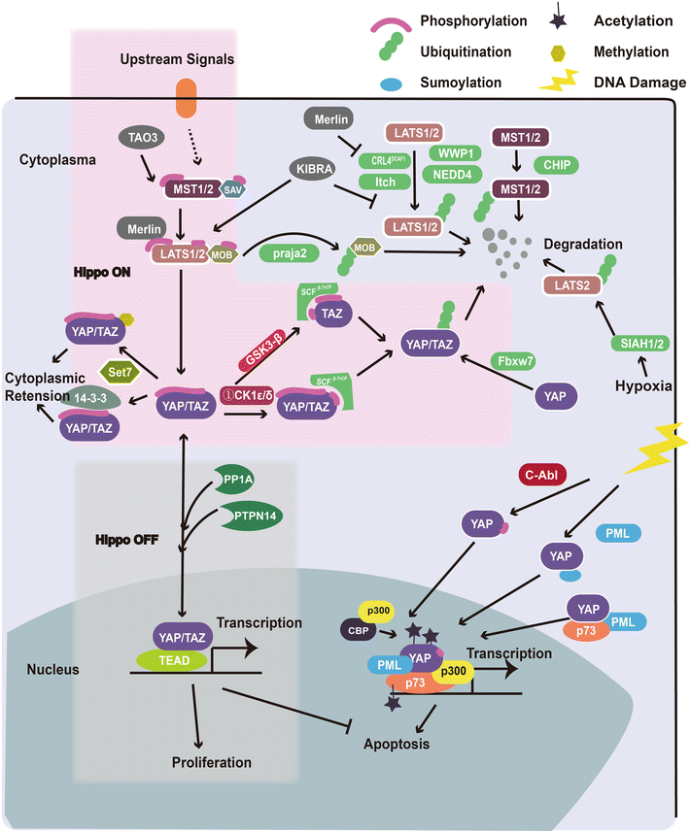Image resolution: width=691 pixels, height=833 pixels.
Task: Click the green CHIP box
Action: tap(557, 166)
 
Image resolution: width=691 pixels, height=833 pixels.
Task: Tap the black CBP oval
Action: tap(352, 628)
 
